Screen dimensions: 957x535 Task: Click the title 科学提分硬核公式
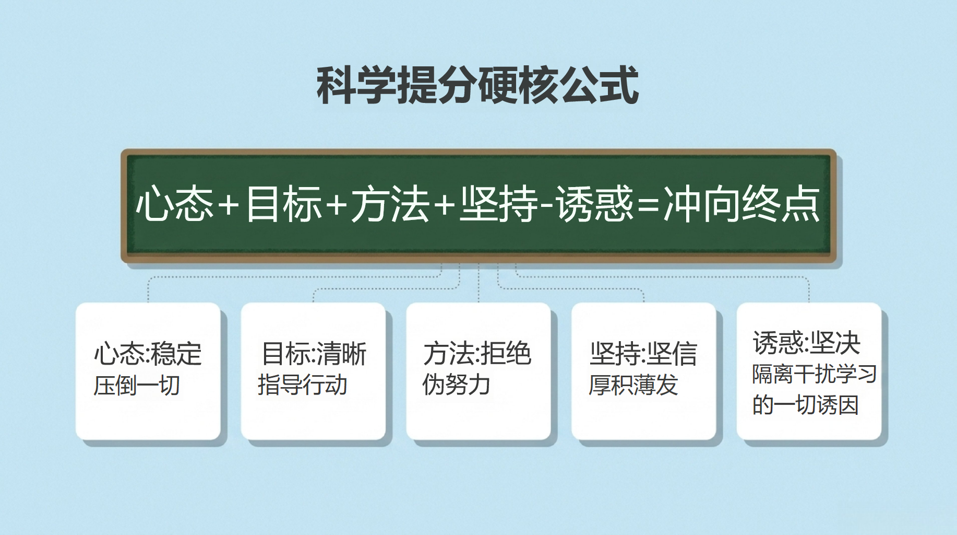(x=477, y=85)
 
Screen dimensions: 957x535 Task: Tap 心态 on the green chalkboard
(x=175, y=204)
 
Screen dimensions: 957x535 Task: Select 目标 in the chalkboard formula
(x=284, y=204)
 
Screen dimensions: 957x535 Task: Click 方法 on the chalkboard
(x=390, y=204)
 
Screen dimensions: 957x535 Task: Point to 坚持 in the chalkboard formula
(x=498, y=204)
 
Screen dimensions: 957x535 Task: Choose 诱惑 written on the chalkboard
(x=594, y=204)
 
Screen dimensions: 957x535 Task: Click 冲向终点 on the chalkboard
(x=741, y=204)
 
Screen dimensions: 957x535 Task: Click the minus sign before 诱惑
(x=547, y=205)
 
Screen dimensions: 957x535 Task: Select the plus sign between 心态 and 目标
(x=229, y=204)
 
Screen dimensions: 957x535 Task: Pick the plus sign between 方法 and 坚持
(x=444, y=204)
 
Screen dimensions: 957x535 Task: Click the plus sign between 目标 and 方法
(x=337, y=204)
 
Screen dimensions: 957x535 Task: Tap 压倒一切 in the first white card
(x=137, y=386)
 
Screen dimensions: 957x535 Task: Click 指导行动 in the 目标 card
(x=303, y=385)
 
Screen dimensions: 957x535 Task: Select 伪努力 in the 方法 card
(x=456, y=385)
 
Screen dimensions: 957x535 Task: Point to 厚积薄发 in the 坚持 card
(x=633, y=385)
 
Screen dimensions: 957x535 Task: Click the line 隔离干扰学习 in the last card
(x=814, y=374)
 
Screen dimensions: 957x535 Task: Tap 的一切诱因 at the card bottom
(x=805, y=405)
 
